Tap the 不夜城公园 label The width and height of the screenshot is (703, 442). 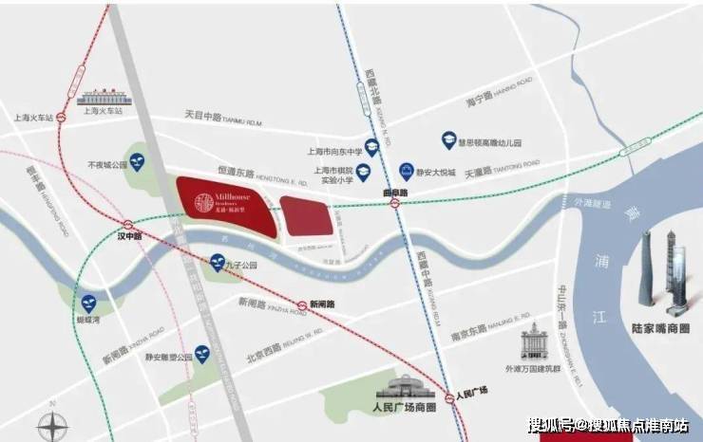pos(106,164)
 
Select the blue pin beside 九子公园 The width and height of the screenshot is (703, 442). pos(218,263)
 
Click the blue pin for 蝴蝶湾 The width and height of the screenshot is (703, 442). pos(89,304)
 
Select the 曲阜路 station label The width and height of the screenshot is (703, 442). pos(394,193)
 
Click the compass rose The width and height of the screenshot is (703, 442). pos(53,424)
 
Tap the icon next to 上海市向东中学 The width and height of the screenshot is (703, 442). pos(372,147)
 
